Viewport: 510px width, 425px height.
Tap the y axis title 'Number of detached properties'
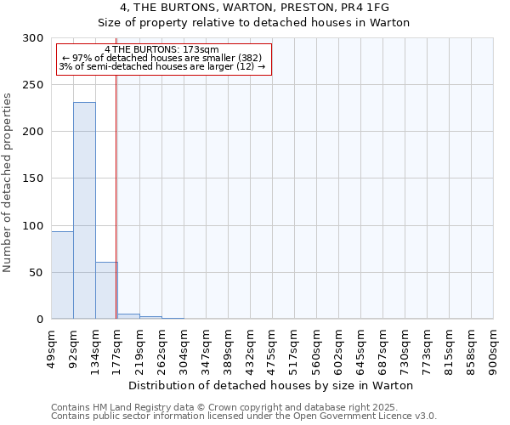[x=8, y=183]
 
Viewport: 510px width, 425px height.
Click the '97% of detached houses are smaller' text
[x=162, y=58]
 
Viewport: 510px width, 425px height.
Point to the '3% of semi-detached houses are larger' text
[x=162, y=66]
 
